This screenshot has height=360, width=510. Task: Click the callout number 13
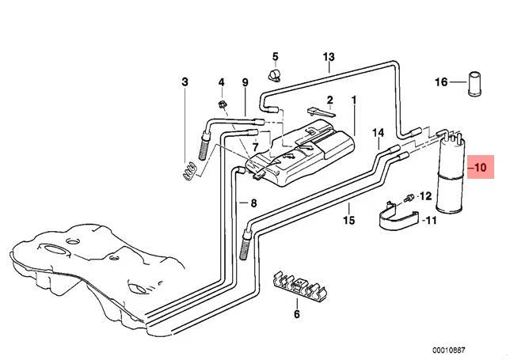click(x=329, y=57)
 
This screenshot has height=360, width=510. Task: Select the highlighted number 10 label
click(x=481, y=167)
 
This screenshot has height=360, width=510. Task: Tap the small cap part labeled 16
click(x=474, y=84)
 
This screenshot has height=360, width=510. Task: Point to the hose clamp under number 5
click(x=275, y=76)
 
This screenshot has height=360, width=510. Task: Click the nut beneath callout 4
click(x=223, y=104)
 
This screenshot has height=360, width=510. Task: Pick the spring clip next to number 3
click(x=189, y=171)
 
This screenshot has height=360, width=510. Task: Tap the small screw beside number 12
click(x=409, y=198)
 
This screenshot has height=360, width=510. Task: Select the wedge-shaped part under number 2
click(x=321, y=112)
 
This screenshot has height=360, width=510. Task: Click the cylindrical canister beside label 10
click(x=451, y=174)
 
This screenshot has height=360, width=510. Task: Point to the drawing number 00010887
click(x=448, y=350)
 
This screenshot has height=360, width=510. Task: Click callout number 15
click(x=348, y=221)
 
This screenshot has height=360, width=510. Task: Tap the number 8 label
click(x=253, y=203)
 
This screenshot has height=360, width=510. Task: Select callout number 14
click(x=379, y=133)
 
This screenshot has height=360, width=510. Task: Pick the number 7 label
click(x=255, y=147)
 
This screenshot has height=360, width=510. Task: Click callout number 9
click(x=245, y=82)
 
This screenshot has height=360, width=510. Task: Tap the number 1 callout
click(x=354, y=100)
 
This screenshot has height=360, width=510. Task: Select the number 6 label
click(x=297, y=314)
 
